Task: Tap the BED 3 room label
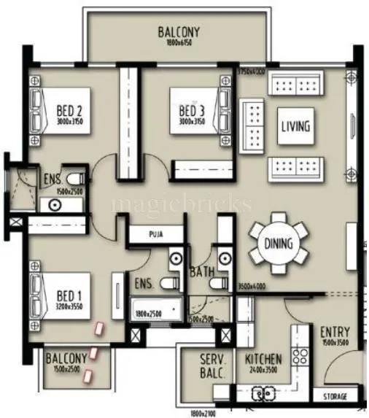tap(195, 111)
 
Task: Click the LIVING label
tap(295, 126)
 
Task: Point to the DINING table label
tap(278, 244)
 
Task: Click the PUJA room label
tap(155, 235)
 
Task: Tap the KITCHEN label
tap(263, 360)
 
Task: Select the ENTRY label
tap(335, 332)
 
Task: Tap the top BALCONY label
tap(179, 33)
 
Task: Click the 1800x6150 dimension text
tap(179, 44)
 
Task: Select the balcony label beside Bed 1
tap(66, 358)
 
